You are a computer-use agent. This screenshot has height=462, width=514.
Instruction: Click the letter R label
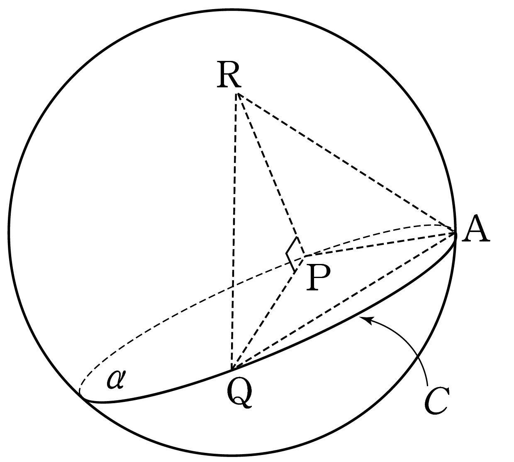click(x=229, y=75)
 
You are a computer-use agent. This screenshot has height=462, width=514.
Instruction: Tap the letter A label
click(x=476, y=229)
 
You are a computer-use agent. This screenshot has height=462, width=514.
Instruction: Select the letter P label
click(x=318, y=277)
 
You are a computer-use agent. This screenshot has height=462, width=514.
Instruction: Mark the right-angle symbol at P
click(x=292, y=254)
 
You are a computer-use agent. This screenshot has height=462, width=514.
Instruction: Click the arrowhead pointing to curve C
click(x=366, y=320)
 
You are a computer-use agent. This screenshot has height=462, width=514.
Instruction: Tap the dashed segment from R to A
click(x=346, y=164)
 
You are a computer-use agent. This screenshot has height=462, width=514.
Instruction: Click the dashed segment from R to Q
click(x=234, y=232)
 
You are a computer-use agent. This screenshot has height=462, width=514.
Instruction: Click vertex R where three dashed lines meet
click(x=237, y=93)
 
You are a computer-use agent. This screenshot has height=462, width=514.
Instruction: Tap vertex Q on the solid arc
click(x=231, y=370)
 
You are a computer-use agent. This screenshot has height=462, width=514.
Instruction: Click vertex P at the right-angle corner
click(x=305, y=256)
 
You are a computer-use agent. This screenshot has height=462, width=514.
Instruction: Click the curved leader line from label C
click(x=410, y=348)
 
